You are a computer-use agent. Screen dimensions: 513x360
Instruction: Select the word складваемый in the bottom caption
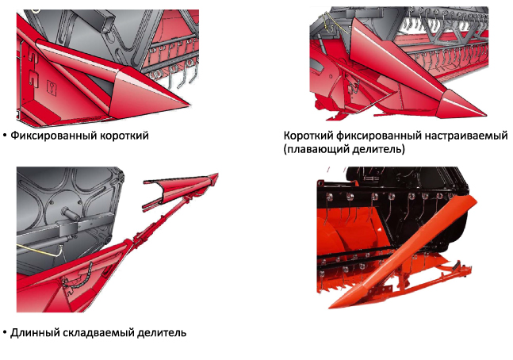click(98, 333)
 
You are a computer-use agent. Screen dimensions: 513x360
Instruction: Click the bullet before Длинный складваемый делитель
click(5, 333)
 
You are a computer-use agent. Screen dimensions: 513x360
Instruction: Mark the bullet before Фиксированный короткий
click(5, 136)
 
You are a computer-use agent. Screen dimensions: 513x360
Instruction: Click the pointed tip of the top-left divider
click(190, 105)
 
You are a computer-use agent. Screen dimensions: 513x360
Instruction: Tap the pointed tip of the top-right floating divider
click(486, 115)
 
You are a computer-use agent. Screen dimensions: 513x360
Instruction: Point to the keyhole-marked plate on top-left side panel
click(52, 88)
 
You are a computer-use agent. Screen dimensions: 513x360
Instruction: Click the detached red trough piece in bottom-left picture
click(181, 190)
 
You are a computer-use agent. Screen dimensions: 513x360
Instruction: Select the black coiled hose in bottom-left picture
click(79, 278)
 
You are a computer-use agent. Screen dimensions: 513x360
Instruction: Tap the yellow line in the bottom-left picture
click(40, 251)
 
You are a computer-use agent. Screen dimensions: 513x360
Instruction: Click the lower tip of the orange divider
click(331, 307)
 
